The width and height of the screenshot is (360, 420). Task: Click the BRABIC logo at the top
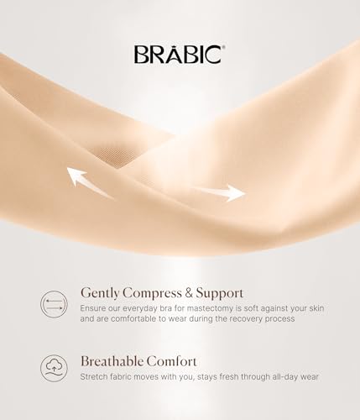pos(178,54)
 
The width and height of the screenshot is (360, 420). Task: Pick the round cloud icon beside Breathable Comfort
pos(53,366)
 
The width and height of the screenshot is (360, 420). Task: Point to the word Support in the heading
pos(221,293)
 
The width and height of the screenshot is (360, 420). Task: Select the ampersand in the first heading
pos(192,293)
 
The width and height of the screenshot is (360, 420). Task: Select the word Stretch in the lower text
pos(96,376)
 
